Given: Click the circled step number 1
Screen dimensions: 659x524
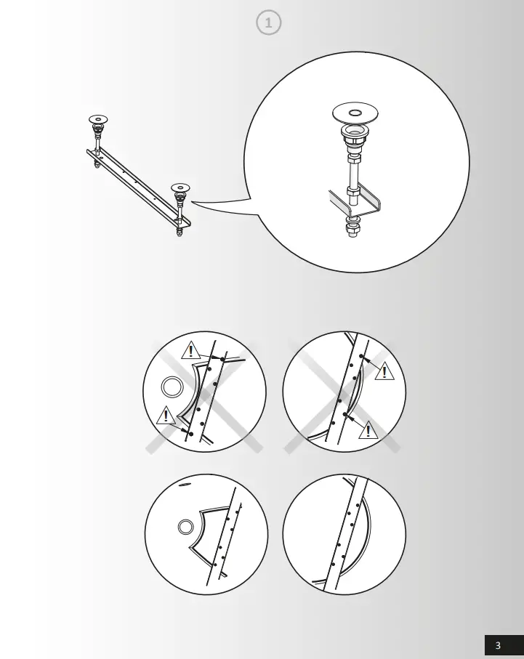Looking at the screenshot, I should coord(269,23).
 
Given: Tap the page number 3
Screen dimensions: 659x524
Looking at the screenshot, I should coord(498,645).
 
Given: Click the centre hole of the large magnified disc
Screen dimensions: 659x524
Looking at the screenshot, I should coord(355,113).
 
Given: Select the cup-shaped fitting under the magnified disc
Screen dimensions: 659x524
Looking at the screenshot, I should coord(355,136).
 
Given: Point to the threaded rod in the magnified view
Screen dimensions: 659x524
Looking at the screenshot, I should coord(354,174).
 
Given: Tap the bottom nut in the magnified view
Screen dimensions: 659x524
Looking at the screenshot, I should coord(352,231).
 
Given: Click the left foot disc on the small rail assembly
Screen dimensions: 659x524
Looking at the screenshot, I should coord(98,118).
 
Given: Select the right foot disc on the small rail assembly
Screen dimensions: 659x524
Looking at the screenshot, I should coord(181,187).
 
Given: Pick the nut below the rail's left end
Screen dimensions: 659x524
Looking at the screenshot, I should coord(97,164).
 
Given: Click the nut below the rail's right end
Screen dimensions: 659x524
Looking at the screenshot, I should coord(180,233).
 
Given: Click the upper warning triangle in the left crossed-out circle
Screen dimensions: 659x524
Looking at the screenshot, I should coord(190,351).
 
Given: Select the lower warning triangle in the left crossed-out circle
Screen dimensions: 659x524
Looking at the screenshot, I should coord(166,416).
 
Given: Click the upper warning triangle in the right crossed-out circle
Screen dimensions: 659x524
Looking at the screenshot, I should coord(384,371).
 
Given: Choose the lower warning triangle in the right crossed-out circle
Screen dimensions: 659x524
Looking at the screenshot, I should coord(368,430).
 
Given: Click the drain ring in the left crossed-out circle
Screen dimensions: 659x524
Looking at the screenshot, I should coord(172,387).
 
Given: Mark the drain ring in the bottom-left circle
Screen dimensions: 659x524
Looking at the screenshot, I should coord(186,527).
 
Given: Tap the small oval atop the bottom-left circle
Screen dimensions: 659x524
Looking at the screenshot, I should coord(185,483).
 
